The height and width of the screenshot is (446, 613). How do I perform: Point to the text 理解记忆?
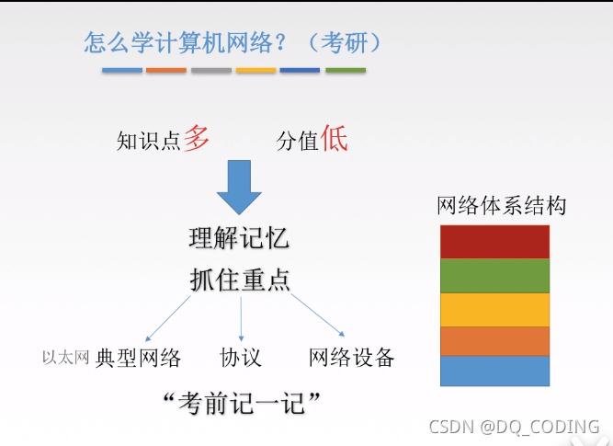coord(239,238)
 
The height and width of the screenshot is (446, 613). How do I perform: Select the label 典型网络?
coord(138,358)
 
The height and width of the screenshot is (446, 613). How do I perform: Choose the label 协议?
coord(241,358)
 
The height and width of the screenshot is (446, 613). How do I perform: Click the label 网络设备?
coord(351,358)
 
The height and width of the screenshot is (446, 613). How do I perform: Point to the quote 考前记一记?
coord(239,402)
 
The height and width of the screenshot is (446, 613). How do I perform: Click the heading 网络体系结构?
coord(501,205)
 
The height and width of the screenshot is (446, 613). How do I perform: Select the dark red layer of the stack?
coord(494,241)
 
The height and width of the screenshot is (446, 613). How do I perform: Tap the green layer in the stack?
coord(494,274)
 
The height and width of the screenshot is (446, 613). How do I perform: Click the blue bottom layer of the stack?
coord(494,371)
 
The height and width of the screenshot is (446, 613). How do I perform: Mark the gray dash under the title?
coord(211,70)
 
